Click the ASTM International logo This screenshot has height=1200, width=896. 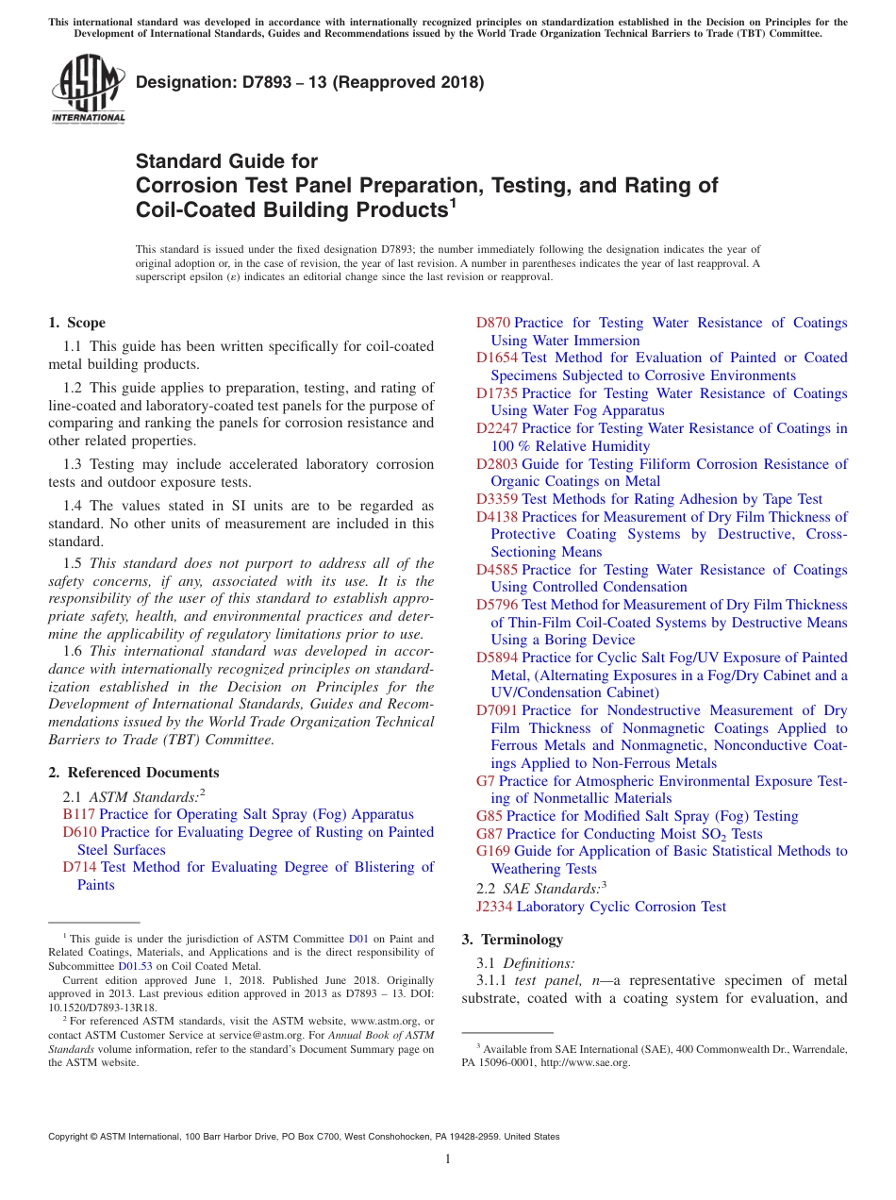click(88, 90)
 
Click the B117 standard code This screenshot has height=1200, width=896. click(79, 814)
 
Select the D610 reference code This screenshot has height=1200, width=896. click(80, 832)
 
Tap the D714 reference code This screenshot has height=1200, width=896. click(80, 867)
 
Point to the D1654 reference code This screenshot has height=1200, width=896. click(497, 358)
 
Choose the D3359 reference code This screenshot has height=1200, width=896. click(497, 499)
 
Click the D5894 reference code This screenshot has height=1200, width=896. click(497, 658)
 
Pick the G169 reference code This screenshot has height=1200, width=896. click(493, 851)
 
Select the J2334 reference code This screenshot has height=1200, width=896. click(495, 907)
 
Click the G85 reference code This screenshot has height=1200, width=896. click(489, 816)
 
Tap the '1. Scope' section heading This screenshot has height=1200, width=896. click(77, 323)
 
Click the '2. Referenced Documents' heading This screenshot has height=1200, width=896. click(134, 773)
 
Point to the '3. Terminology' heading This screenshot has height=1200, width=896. click(512, 940)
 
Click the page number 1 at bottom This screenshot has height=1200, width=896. click(448, 1158)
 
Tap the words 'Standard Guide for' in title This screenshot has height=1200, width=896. click(227, 161)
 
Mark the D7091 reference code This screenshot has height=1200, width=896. click(497, 710)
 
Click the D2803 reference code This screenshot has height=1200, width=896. click(497, 464)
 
